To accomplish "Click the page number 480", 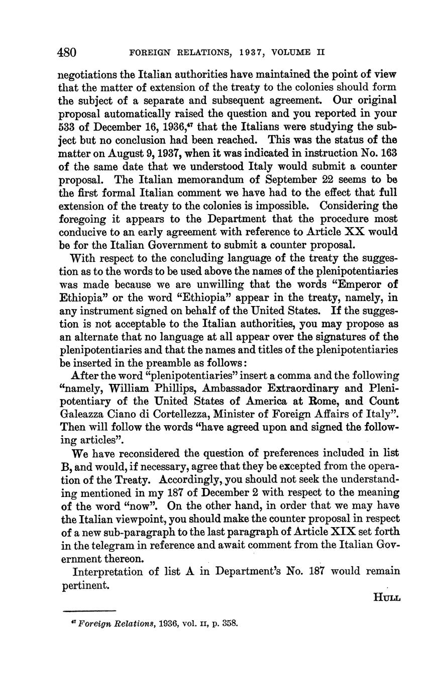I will (67, 52).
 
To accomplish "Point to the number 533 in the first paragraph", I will (67, 127).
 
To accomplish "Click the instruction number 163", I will (388, 153).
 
